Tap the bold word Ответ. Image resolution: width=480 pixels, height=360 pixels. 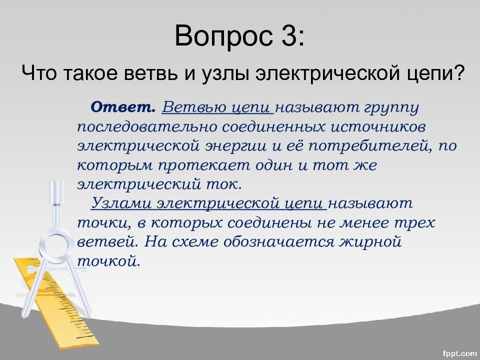pos(123,106)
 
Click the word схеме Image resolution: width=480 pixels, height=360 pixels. pos(195,242)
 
